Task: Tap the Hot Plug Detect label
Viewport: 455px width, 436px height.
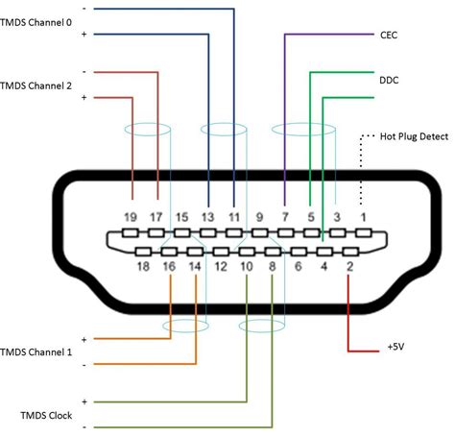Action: [x=414, y=136]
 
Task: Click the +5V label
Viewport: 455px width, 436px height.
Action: [x=395, y=345]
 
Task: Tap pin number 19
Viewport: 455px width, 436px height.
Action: [x=131, y=218]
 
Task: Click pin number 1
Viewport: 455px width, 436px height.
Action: [x=363, y=218]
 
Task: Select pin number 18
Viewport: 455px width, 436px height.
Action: [x=143, y=266]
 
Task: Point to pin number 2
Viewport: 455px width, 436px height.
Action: [x=349, y=266]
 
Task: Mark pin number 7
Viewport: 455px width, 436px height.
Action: [x=285, y=218]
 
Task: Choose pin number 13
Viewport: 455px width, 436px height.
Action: [x=207, y=218]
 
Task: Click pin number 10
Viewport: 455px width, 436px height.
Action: [x=247, y=266]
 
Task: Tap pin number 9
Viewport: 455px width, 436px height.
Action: [x=259, y=218]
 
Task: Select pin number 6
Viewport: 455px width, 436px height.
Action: [x=298, y=266]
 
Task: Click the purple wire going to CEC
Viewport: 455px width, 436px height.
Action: [x=285, y=115]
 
